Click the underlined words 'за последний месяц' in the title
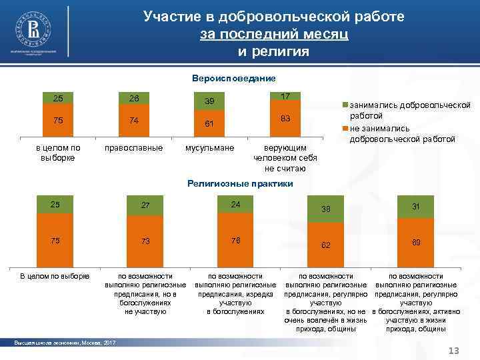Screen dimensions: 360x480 273,33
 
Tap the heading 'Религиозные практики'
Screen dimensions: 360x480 240,182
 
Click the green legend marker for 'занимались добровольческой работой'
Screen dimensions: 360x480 345,105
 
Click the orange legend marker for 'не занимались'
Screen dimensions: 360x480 345,128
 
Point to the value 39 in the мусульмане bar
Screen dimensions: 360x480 209,101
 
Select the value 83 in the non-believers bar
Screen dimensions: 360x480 285,118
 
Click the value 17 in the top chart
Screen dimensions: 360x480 285,97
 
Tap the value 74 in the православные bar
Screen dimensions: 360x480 134,121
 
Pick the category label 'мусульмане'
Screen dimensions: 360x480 209,147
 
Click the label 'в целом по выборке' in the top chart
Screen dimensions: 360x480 59,152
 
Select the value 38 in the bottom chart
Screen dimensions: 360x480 325,209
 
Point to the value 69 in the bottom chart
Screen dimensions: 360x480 415,244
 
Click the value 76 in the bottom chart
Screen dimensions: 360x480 235,240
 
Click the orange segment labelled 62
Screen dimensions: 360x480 325,245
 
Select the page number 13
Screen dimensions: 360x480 455,351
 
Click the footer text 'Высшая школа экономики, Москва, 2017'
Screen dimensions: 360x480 65,343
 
